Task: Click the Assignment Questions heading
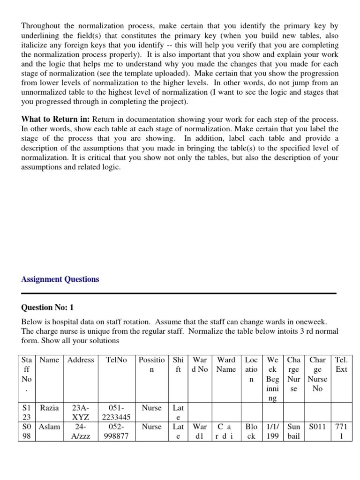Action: [60, 279]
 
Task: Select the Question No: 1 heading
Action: [47, 307]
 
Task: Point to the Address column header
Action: [81, 360]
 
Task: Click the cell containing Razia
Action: [49, 408]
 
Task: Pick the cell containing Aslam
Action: [50, 427]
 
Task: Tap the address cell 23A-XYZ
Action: [81, 412]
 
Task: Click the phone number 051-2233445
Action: [117, 412]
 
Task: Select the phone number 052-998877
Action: [117, 431]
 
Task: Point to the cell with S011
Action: [317, 427]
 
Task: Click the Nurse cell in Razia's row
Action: [151, 408]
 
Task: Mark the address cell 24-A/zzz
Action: [81, 431]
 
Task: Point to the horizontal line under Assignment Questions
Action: [179, 293]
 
